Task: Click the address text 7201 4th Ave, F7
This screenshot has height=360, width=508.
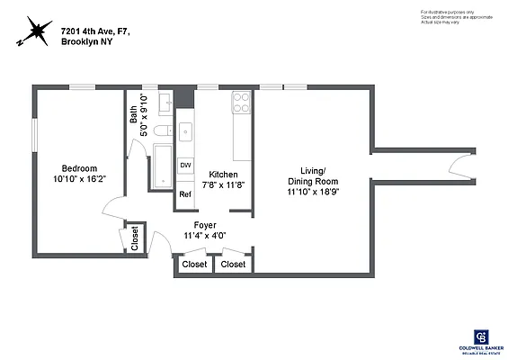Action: tap(95, 31)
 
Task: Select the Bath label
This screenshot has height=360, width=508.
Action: tap(134, 113)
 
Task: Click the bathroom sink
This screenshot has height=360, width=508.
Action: tap(165, 106)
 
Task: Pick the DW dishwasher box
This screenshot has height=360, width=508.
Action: tap(185, 166)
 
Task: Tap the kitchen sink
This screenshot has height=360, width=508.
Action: tap(185, 132)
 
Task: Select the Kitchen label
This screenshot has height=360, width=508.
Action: tap(224, 174)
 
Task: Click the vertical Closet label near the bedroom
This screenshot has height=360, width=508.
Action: tap(135, 238)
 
